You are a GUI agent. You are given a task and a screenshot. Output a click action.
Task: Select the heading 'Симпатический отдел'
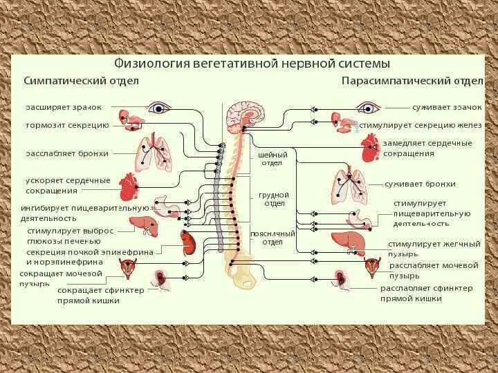pyautogui.click(x=82, y=81)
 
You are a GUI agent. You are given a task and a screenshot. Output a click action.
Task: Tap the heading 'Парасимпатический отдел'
pyautogui.click(x=412, y=81)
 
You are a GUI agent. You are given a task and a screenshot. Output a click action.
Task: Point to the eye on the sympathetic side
pyautogui.click(x=160, y=108)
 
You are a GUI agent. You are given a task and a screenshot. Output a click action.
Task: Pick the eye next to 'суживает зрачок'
pyautogui.click(x=368, y=108)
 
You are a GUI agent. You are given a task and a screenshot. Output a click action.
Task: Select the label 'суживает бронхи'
pyautogui.click(x=419, y=184)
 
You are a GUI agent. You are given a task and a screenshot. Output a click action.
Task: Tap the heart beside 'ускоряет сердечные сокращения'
pyautogui.click(x=129, y=185)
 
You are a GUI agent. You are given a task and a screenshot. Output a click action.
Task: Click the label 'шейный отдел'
pyautogui.click(x=271, y=159)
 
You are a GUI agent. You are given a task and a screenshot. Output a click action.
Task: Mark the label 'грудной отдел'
pyautogui.click(x=273, y=199)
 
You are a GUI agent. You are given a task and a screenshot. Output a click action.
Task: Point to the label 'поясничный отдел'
pyautogui.click(x=273, y=238)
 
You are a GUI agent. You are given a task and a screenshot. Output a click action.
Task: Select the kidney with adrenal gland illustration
pyautogui.click(x=188, y=243)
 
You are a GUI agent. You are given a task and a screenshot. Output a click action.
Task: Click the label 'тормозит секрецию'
pyautogui.click(x=66, y=126)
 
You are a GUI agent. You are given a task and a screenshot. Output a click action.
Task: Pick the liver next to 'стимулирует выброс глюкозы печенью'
pyautogui.click(x=143, y=225)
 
